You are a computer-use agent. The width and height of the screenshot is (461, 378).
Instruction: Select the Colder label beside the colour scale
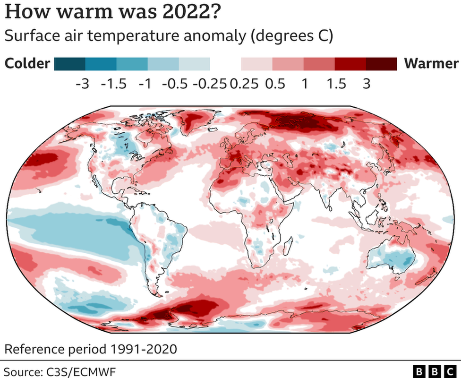[x=27, y=63]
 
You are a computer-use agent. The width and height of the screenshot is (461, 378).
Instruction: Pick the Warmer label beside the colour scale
[x=431, y=63]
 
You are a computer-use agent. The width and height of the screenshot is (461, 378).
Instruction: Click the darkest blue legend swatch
[x=70, y=63]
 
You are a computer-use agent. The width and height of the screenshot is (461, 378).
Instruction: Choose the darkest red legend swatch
[x=381, y=63]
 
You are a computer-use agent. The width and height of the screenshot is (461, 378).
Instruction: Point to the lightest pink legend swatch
[x=256, y=63]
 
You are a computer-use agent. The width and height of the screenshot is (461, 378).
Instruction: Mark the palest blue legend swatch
[x=194, y=63]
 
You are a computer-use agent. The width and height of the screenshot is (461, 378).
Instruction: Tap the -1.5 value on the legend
[x=114, y=84]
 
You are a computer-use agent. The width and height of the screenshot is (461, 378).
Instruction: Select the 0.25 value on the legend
[x=244, y=84]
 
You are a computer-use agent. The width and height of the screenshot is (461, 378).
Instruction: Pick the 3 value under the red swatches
[x=366, y=84]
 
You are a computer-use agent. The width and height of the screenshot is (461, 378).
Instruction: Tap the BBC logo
[x=433, y=370]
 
